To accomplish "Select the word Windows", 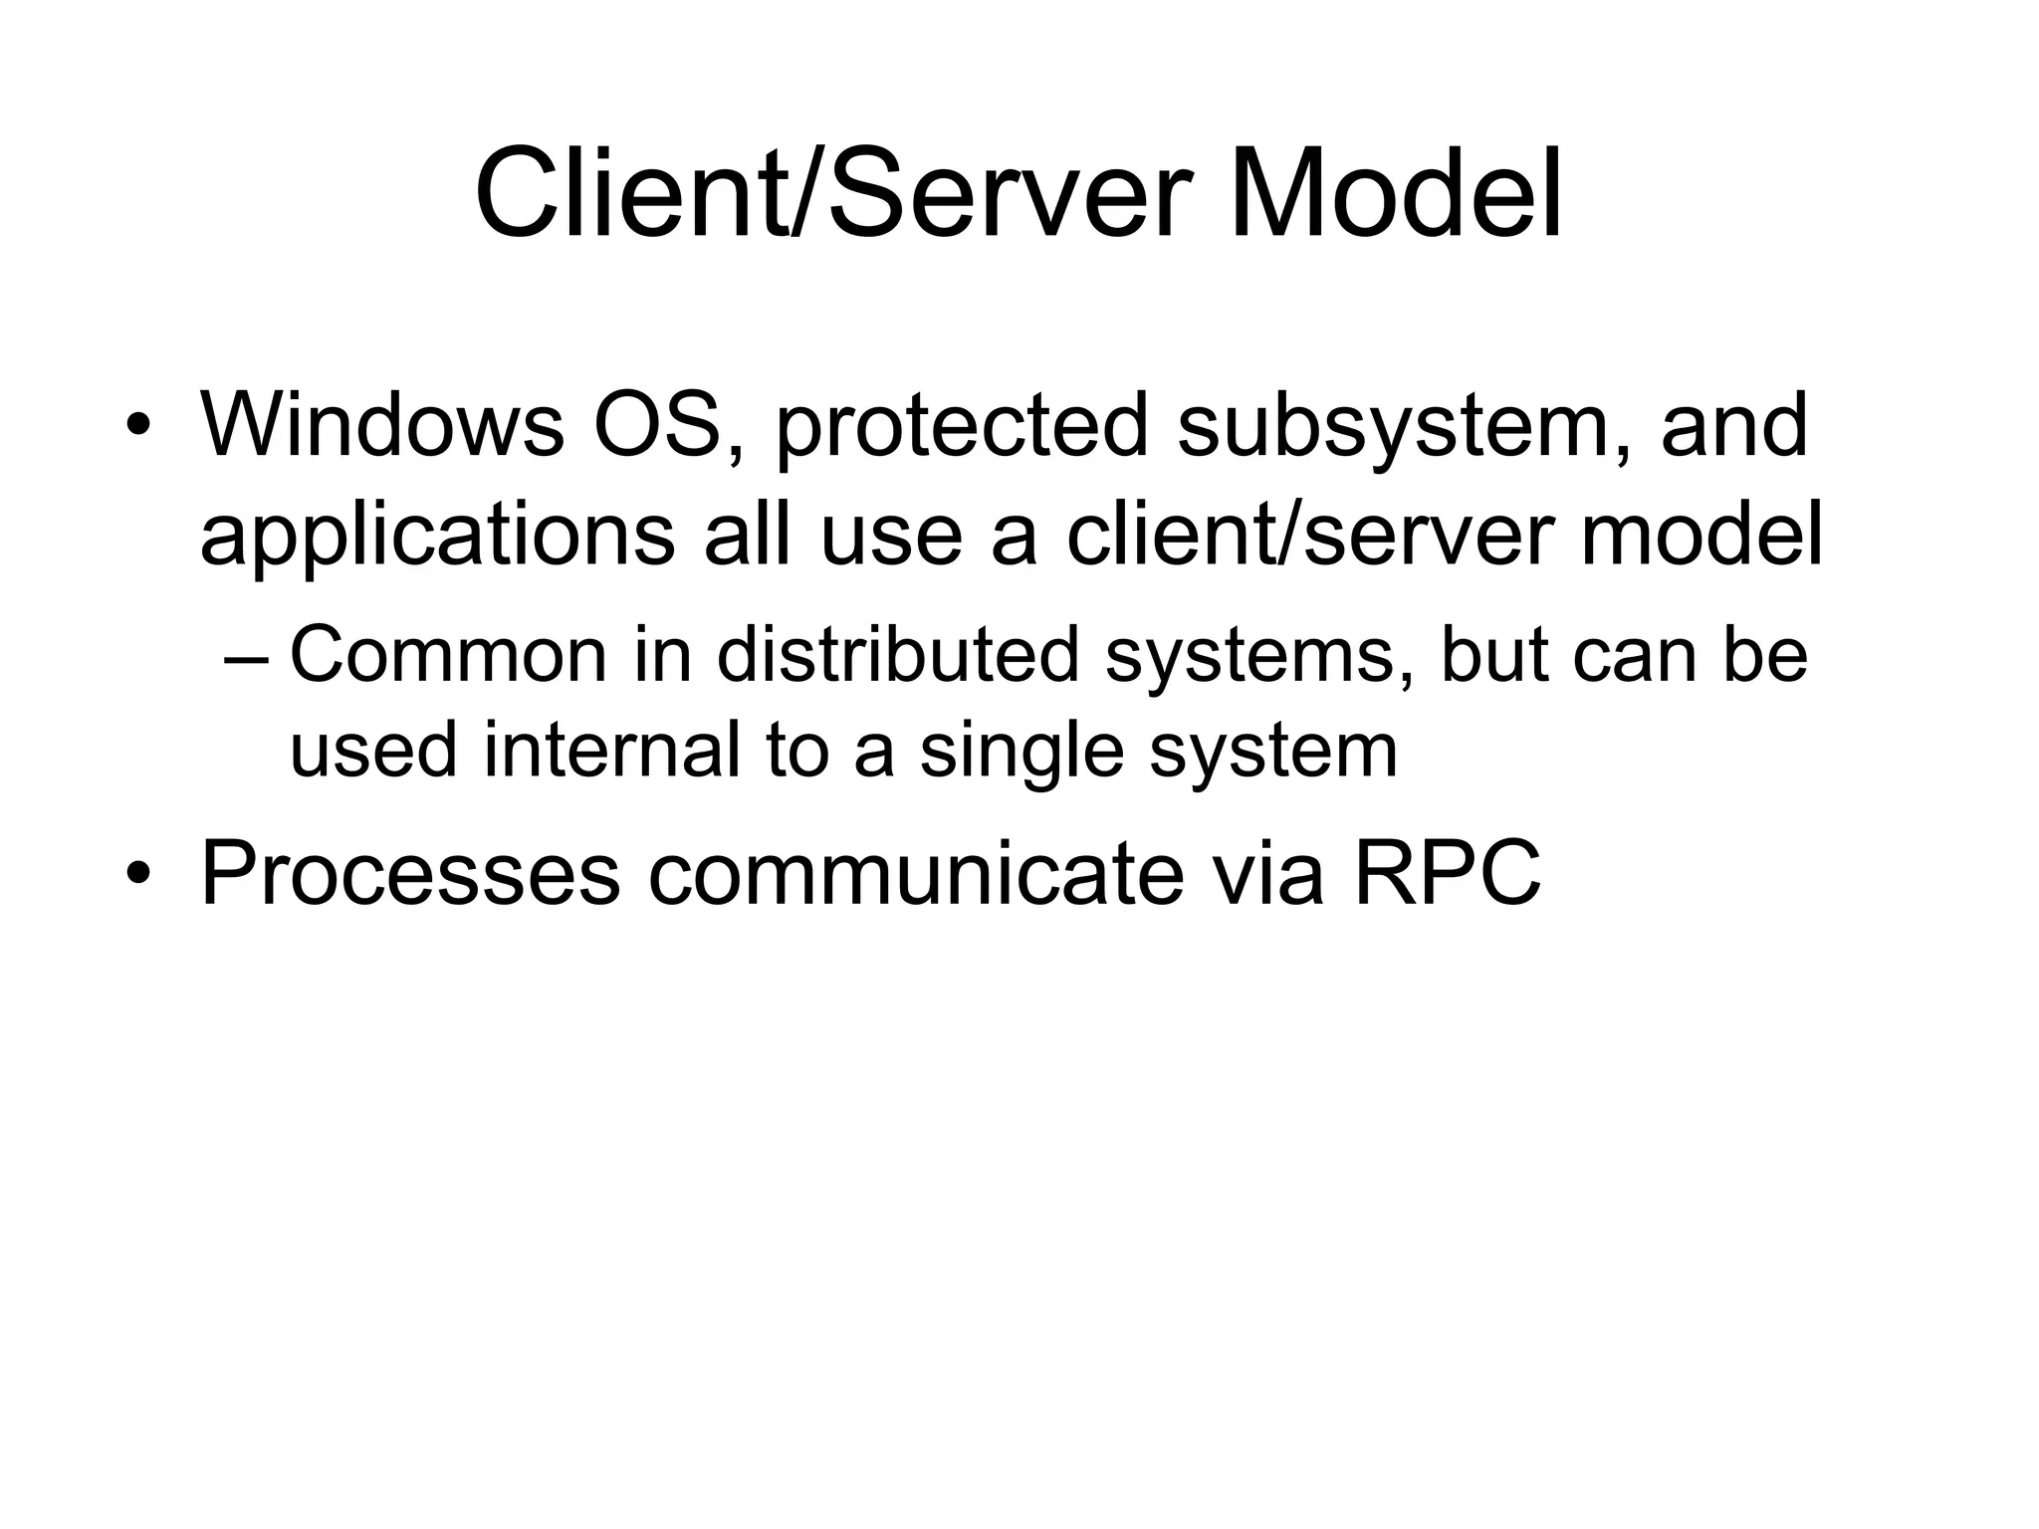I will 381,425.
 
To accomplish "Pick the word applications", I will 436,538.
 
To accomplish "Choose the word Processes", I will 410,874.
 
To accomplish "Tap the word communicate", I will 916,874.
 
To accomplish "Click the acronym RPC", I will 1447,874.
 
